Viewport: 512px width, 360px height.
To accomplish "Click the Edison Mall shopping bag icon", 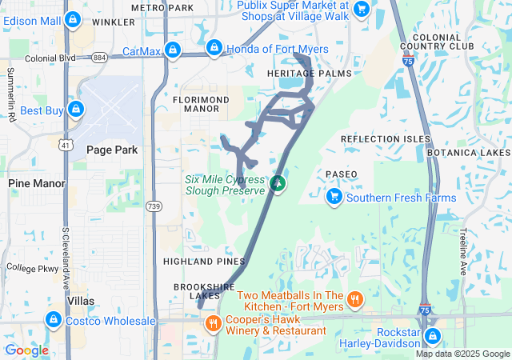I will [x=73, y=18].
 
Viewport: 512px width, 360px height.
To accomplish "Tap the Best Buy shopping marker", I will [x=75, y=108].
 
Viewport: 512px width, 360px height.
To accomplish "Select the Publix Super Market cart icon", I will [x=362, y=9].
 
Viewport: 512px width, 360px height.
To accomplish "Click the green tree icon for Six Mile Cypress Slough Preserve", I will [x=278, y=185].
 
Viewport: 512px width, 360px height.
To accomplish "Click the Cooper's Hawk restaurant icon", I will [x=213, y=324].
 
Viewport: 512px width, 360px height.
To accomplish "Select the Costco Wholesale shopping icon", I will [x=53, y=321].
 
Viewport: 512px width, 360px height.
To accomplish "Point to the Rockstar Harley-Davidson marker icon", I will [x=433, y=337].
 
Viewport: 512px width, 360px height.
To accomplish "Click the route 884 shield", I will [x=99, y=58].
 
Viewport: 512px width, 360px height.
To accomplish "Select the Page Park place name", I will [x=112, y=150].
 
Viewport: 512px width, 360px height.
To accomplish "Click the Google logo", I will [x=26, y=350].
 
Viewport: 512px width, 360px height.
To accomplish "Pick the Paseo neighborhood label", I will [x=342, y=174].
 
